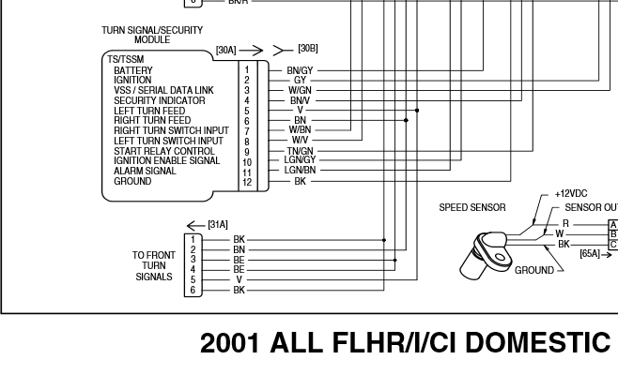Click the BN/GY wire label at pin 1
click(300, 70)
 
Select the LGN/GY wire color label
click(300, 161)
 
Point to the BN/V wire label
click(300, 100)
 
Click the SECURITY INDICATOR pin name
click(154, 100)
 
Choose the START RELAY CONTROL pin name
click(164, 151)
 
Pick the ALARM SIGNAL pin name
click(145, 172)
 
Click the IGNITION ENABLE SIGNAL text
click(167, 161)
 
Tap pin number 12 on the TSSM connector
click(247, 182)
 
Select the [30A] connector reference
click(226, 50)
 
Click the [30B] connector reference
click(308, 48)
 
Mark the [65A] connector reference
click(591, 253)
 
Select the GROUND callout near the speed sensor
click(533, 270)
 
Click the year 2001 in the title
click(231, 343)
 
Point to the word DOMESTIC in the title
click(538, 343)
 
